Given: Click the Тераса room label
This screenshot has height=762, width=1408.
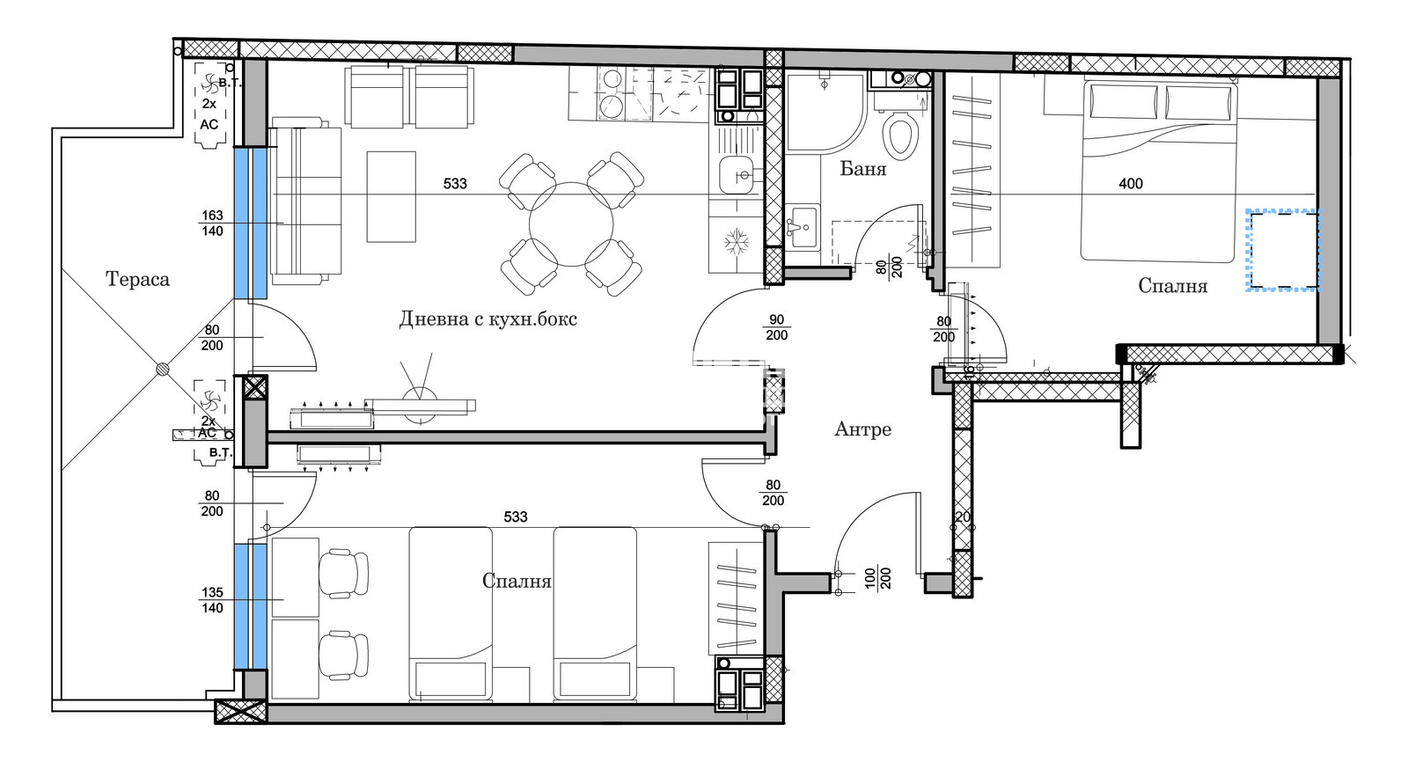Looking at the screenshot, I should coord(137,280).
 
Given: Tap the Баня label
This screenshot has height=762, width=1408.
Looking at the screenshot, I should coord(862,169).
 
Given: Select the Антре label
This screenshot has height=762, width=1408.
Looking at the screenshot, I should coord(862,429).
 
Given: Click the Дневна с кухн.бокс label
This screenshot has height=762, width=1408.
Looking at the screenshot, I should coord(488,319).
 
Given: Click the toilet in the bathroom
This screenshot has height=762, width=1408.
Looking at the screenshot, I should coord(899,136).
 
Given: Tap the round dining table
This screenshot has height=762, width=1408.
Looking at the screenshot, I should coord(571,224).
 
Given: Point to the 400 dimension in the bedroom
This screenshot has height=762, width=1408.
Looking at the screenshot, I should coord(1131,184).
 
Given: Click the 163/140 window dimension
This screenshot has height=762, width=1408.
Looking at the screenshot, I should coord(212,223).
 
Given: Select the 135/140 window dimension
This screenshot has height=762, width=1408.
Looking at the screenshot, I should coord(212,600).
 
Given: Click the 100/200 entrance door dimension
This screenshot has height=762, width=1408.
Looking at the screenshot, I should coord(877,578).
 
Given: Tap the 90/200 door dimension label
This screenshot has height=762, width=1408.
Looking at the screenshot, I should coord(776,327).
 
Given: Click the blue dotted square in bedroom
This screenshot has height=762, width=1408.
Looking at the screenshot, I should coord(1282,250).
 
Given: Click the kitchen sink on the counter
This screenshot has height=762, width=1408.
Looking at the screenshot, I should coord(736,175).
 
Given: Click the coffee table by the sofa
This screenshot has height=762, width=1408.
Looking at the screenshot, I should coord(391,196).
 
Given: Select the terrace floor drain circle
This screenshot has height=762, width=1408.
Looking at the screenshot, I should coord(163,370).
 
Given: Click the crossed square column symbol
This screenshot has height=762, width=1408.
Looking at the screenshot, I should coord(254,388).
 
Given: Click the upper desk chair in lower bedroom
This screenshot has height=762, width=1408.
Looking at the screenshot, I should coord(344,573).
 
